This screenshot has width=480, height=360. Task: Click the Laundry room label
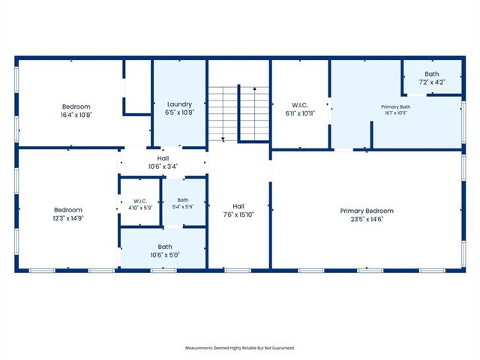point(179,104)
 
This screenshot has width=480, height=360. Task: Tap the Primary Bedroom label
point(367,211)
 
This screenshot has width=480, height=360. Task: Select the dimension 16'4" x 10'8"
point(76,115)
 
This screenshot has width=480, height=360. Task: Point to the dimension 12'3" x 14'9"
point(68,218)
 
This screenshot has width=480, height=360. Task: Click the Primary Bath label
point(395,106)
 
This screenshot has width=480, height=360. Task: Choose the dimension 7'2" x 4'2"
point(432,82)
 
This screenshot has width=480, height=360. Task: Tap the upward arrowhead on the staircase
point(255,88)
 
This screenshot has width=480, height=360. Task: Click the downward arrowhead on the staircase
point(223,139)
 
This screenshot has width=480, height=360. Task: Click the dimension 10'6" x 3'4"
point(163,166)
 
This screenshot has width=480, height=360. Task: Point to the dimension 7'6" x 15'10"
point(238,214)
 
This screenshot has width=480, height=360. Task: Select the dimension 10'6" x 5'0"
point(165,255)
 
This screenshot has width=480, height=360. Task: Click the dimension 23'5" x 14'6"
point(367,219)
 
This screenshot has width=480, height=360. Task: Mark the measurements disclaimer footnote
point(240,348)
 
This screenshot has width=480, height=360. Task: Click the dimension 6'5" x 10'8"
point(179,112)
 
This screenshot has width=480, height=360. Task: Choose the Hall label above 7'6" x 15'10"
point(238,206)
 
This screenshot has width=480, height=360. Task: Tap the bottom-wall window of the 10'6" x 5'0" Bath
point(163,271)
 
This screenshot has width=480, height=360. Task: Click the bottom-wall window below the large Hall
point(238,271)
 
